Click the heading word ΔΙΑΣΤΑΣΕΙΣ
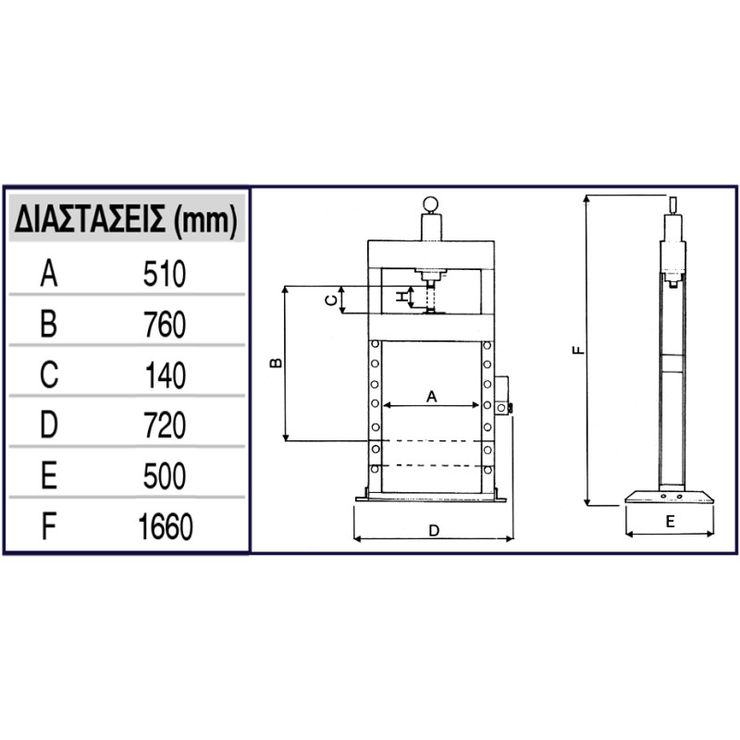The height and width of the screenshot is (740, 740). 90,219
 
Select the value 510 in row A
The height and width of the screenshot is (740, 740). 165,274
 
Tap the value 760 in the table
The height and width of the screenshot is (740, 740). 165,325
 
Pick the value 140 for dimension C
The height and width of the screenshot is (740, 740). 166,376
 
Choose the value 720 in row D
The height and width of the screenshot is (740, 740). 165,425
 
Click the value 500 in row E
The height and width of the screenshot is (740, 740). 165,476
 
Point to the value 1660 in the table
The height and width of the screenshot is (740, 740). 166,526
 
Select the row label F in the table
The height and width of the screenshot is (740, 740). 49,526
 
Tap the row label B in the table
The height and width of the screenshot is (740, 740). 49,325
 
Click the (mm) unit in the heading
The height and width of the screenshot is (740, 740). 205,221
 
